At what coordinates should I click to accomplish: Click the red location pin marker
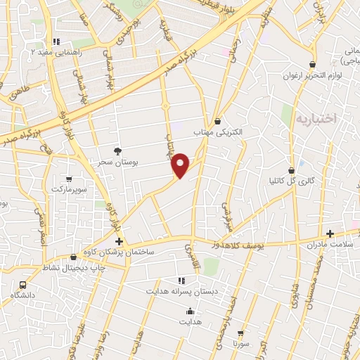coord(181,165)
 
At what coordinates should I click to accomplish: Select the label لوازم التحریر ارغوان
coord(312,75)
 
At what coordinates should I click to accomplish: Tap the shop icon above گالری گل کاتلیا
coord(291,170)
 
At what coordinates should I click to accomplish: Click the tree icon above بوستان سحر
coord(117,151)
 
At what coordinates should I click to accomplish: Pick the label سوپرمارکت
coord(68,190)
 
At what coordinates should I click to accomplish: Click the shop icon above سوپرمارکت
coord(69,179)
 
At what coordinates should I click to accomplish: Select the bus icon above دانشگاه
coord(23,285)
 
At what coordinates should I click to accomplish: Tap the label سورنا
coord(241,344)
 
